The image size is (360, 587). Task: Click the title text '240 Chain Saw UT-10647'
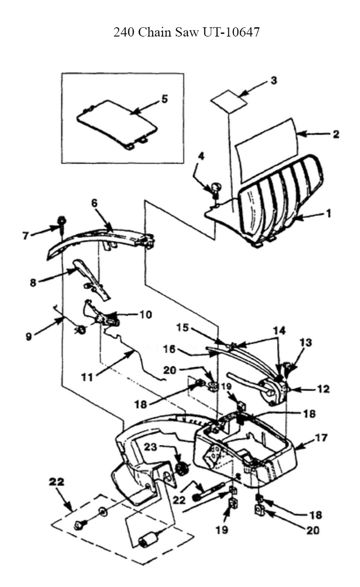tap(186, 32)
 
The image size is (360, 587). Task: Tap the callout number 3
tap(274, 80)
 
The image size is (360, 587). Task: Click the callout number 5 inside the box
tap(164, 99)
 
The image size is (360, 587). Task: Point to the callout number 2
tap(336, 134)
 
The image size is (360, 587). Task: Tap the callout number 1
tap(328, 213)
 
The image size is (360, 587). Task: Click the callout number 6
tap(94, 203)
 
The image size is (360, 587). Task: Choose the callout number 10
tap(145, 314)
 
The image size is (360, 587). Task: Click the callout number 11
tap(87, 377)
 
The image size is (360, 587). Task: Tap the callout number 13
tap(306, 342)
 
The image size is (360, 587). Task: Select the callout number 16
tap(169, 349)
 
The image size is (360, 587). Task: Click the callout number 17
tap(321, 438)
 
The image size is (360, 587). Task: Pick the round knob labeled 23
tap(183, 469)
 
